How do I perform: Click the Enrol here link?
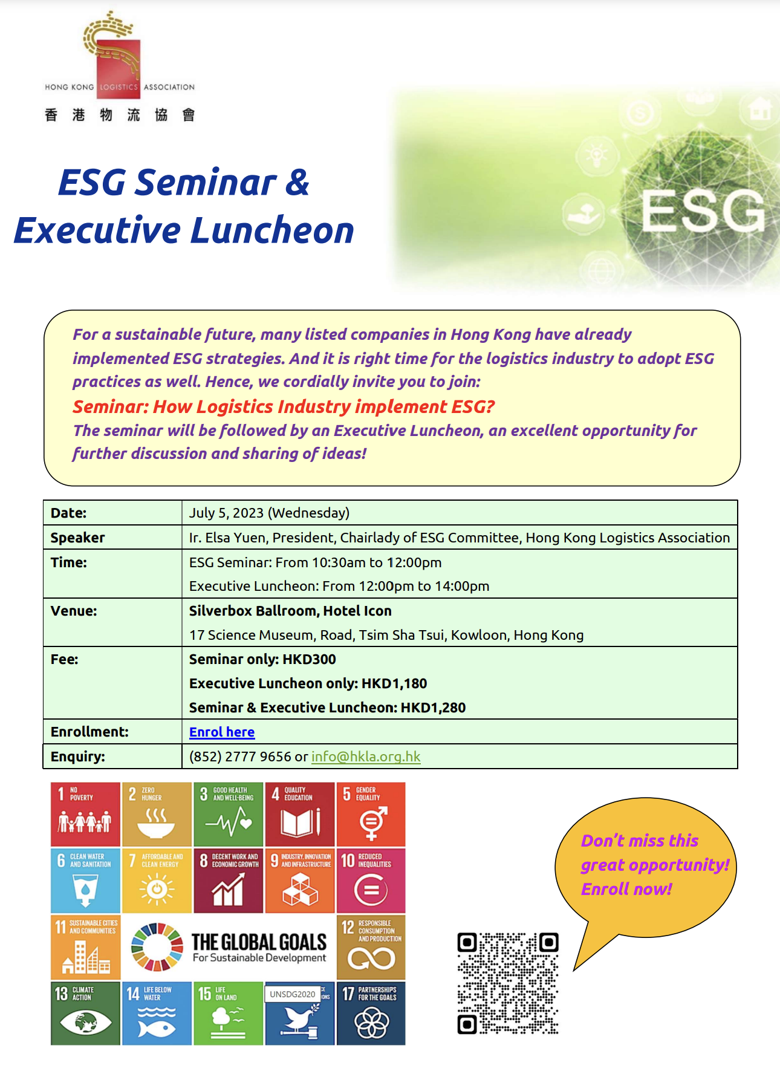(222, 732)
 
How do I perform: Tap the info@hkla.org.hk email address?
(366, 757)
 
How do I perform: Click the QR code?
(508, 983)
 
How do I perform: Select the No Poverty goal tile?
(85, 814)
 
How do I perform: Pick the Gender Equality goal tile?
(371, 814)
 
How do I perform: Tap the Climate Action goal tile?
(85, 1014)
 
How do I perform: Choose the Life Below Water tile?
(157, 1014)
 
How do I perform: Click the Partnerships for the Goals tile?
(371, 1014)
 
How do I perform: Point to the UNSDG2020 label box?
(293, 994)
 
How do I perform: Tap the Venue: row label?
(74, 611)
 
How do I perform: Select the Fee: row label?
(65, 659)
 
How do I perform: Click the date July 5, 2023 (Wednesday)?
(269, 513)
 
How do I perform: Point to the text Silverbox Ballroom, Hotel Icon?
(290, 611)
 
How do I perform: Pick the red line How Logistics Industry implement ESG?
(324, 406)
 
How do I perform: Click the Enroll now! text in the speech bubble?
(626, 889)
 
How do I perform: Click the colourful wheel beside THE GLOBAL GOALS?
(157, 947)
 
